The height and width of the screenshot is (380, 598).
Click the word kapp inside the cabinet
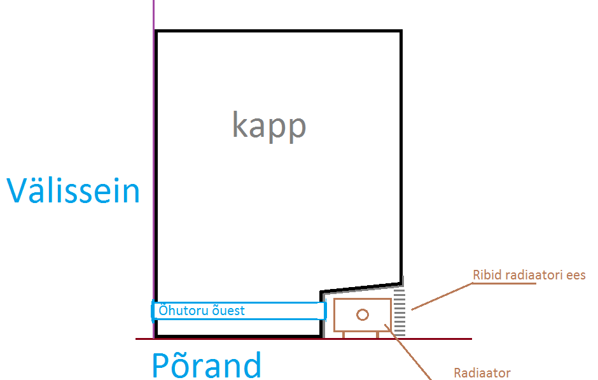tap(269, 126)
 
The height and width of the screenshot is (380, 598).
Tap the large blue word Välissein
tap(73, 190)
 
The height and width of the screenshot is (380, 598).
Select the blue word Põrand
tap(206, 365)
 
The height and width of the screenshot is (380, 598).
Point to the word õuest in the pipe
tap(229, 311)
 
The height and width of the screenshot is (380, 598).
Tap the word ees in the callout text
tap(575, 275)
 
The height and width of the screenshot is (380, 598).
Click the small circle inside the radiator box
tap(363, 314)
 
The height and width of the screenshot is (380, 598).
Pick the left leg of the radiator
tap(344, 334)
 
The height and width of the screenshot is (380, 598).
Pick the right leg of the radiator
tap(378, 334)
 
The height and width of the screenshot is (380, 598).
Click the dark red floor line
tap(433, 339)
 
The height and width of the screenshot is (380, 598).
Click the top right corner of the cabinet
tap(401, 31)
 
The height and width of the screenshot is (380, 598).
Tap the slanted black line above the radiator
tap(361, 286)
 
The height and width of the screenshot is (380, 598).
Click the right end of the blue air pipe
tap(325, 311)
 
